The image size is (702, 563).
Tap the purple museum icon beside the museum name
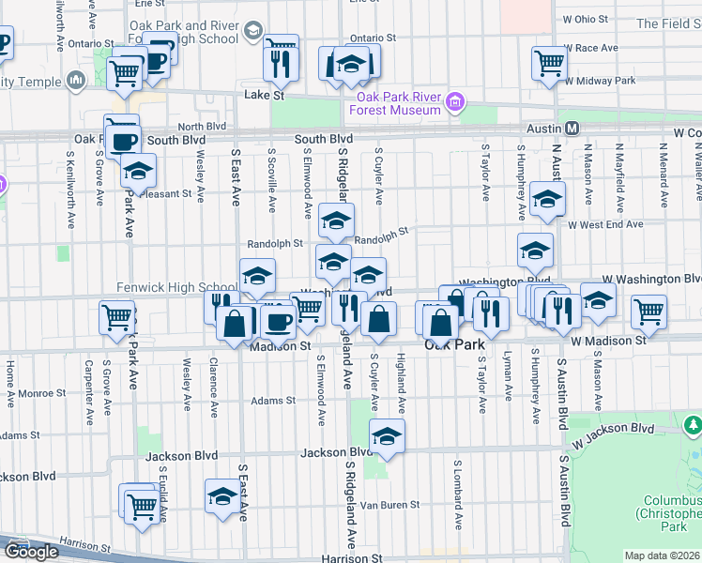(455, 101)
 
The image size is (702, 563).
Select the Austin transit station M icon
(571, 128)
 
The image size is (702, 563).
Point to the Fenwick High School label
(176, 287)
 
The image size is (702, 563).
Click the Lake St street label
(264, 96)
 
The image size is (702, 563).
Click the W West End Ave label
(605, 224)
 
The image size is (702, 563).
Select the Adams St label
(273, 401)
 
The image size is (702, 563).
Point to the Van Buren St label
(396, 505)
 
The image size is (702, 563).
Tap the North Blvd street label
(203, 127)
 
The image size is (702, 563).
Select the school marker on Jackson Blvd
(386, 435)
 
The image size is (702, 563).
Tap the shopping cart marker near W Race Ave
(549, 63)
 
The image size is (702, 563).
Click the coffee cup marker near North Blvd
(122, 141)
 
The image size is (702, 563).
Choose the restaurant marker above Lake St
(281, 62)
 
